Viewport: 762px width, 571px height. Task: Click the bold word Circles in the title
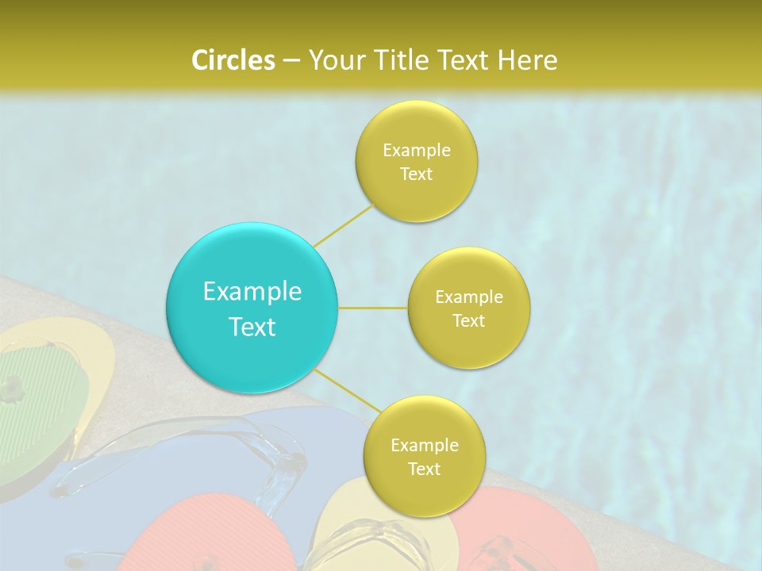pyautogui.click(x=233, y=60)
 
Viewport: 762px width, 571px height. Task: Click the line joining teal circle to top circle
pyautogui.click(x=343, y=225)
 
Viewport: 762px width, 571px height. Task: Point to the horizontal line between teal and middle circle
pyautogui.click(x=373, y=308)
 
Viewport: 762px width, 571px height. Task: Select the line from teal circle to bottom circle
pyautogui.click(x=348, y=389)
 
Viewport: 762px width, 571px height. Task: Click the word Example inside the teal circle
pyautogui.click(x=252, y=292)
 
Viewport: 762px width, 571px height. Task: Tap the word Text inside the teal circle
pyautogui.click(x=252, y=327)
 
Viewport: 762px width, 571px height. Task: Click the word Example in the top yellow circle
pyautogui.click(x=417, y=151)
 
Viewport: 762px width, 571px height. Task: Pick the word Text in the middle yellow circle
pyautogui.click(x=468, y=321)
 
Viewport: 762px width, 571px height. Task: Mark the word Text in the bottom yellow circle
pyautogui.click(x=424, y=469)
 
